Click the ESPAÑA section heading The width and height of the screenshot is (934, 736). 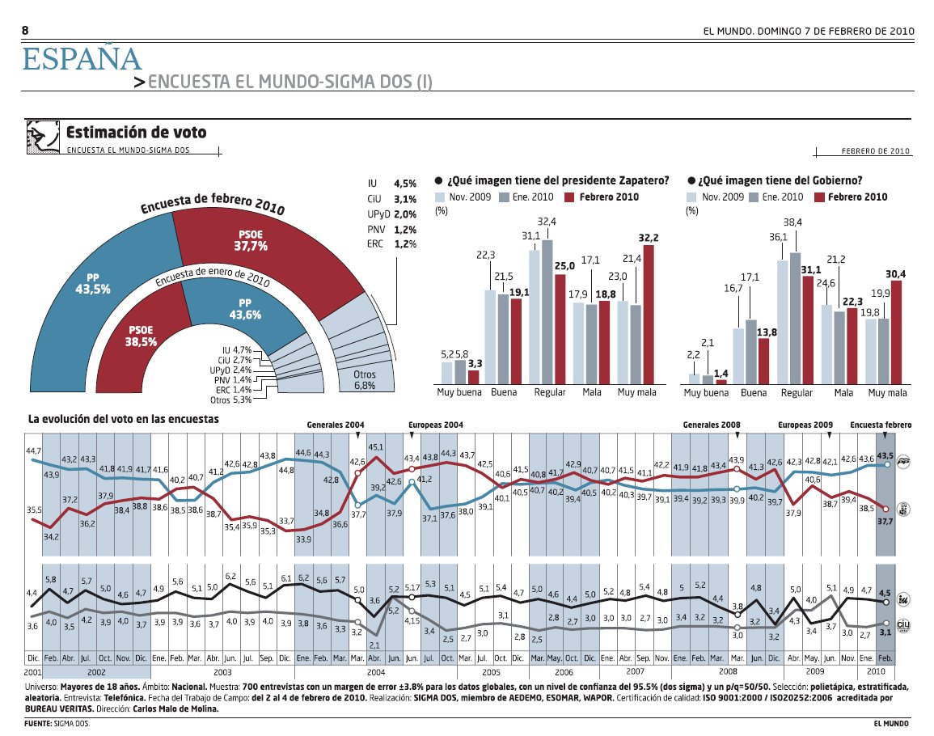(x=82, y=59)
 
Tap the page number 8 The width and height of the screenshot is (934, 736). (x=25, y=31)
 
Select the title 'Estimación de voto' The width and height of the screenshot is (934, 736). (x=136, y=133)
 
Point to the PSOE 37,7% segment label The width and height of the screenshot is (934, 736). (x=250, y=240)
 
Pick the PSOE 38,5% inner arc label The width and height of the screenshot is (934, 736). (x=141, y=336)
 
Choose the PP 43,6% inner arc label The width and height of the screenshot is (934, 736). (x=245, y=309)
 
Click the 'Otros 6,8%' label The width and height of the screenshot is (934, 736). (x=365, y=380)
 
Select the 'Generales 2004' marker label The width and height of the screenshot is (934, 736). (x=336, y=425)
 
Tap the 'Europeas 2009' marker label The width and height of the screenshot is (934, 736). (x=805, y=425)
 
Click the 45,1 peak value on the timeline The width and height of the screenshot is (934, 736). (x=376, y=446)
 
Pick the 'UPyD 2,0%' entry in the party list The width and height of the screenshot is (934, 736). (x=391, y=214)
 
